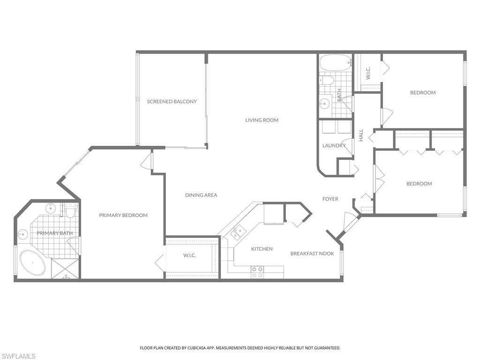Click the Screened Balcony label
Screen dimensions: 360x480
point(172,102)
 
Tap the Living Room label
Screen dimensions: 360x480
point(262,120)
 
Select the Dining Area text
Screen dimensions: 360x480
point(201,195)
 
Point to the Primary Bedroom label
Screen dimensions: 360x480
point(123,215)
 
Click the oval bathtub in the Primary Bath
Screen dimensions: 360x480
point(32,263)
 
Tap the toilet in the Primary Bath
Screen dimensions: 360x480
point(70,212)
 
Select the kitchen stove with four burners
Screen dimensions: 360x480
point(257,272)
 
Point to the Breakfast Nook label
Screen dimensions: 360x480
point(312,254)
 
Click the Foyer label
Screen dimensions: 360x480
point(330,199)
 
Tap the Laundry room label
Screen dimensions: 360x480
point(334,145)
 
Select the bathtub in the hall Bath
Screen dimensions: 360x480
point(335,62)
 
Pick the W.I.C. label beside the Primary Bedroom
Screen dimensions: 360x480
point(189,255)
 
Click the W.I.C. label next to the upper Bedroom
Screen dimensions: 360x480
point(368,73)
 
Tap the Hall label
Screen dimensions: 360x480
point(361,135)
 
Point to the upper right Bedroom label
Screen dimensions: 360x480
point(423,93)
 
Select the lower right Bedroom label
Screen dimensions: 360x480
point(419,184)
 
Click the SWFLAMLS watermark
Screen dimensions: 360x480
point(18,356)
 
